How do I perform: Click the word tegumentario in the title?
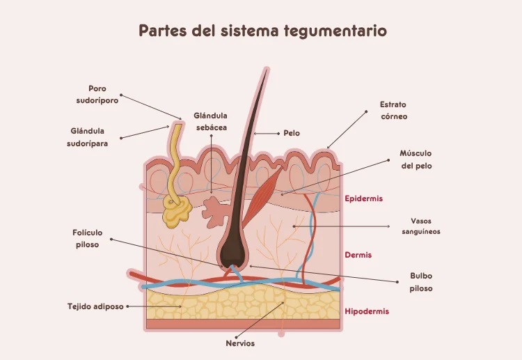pyautogui.click(x=335, y=31)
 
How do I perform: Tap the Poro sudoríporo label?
pyautogui.click(x=97, y=95)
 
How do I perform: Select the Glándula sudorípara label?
pyautogui.click(x=87, y=137)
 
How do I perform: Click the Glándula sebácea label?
pyautogui.click(x=211, y=122)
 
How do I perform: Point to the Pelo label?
pyautogui.click(x=292, y=133)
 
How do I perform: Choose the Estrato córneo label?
pyautogui.click(x=394, y=110)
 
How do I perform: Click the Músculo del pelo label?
pyautogui.click(x=416, y=159)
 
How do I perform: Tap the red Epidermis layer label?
pyautogui.click(x=363, y=199)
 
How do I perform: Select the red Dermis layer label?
pyautogui.click(x=358, y=255)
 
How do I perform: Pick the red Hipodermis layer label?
pyautogui.click(x=367, y=312)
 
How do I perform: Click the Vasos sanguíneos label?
pyautogui.click(x=421, y=226)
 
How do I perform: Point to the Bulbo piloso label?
pyautogui.click(x=421, y=282)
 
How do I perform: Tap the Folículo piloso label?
pyautogui.click(x=87, y=238)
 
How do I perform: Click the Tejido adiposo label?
pyautogui.click(x=95, y=306)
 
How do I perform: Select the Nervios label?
pyautogui.click(x=240, y=343)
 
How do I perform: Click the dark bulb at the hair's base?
pyautogui.click(x=232, y=252)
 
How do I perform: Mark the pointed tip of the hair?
pyautogui.click(x=267, y=70)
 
